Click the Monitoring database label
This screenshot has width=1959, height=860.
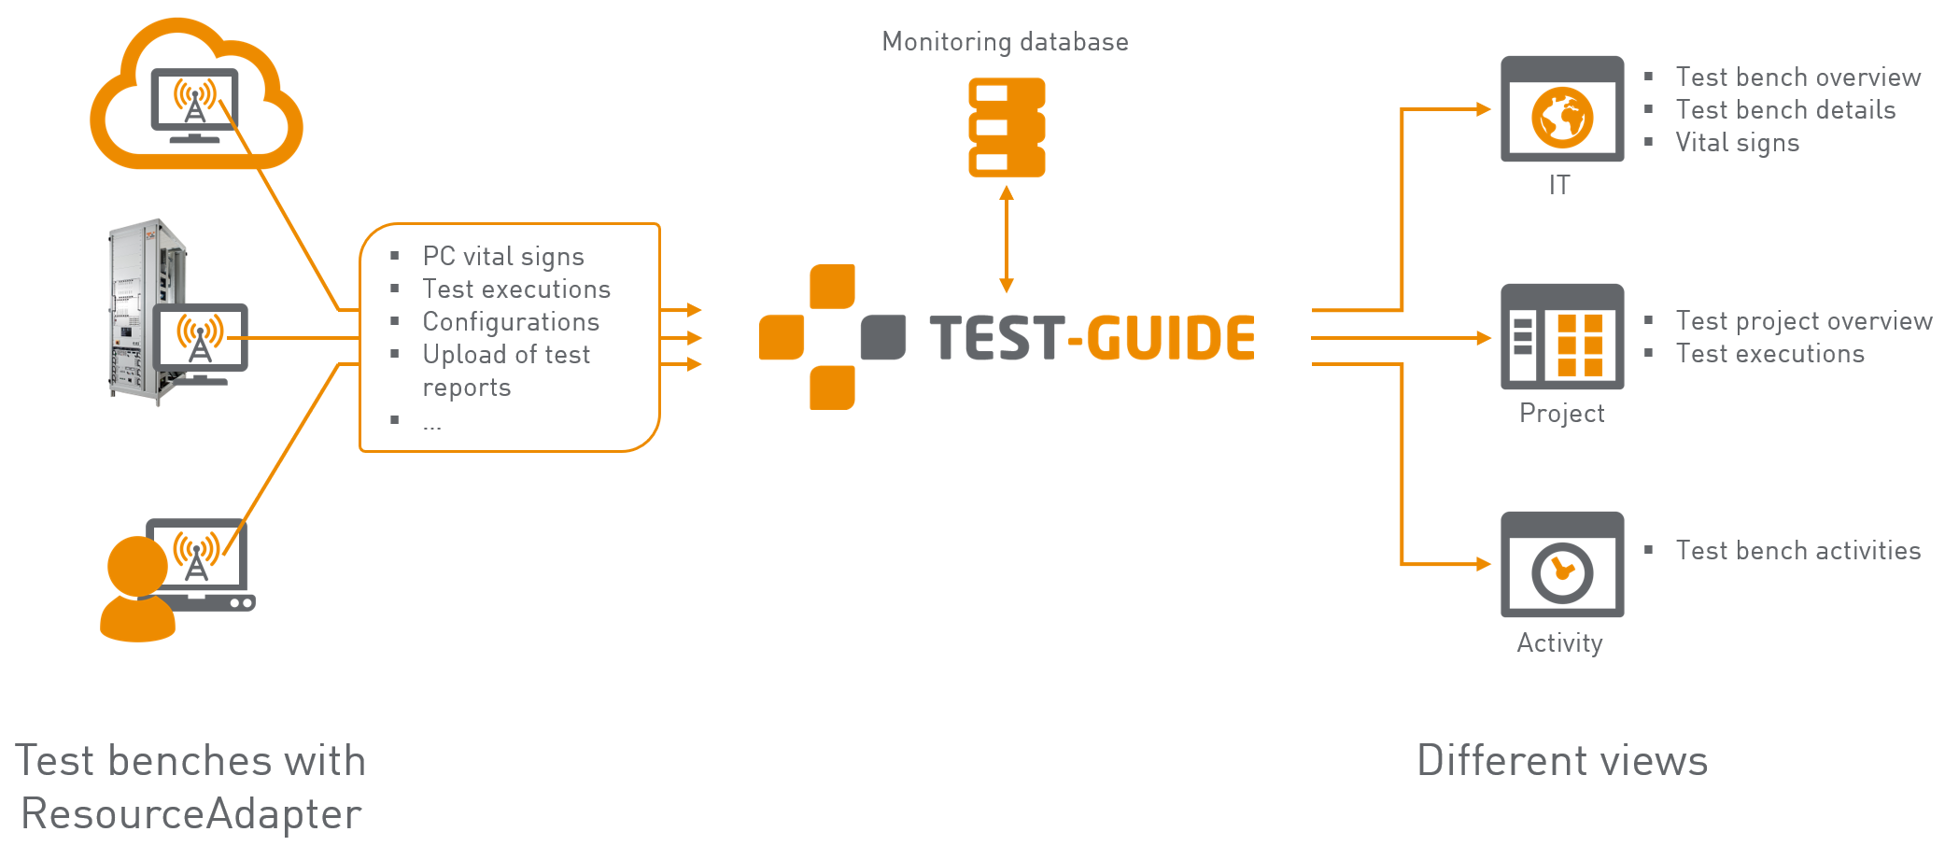(x=1005, y=42)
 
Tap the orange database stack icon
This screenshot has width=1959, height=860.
(x=1007, y=128)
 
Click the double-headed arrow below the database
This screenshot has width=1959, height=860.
(x=1007, y=239)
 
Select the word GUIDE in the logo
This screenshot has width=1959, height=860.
(x=1171, y=338)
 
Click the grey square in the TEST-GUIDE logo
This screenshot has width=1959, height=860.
(x=882, y=337)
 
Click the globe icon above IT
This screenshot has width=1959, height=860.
(x=1562, y=118)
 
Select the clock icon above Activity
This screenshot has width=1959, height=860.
(x=1562, y=572)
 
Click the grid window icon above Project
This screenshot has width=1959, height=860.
(x=1562, y=337)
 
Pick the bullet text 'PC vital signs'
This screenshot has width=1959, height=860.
(x=503, y=257)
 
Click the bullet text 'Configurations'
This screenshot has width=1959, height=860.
(x=511, y=322)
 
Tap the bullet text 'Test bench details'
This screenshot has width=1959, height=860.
(x=1785, y=110)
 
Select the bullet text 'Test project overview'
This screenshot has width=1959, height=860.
(x=1804, y=321)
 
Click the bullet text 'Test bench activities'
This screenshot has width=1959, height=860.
(x=1798, y=551)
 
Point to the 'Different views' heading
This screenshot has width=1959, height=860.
(x=1562, y=761)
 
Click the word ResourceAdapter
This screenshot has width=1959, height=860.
(x=191, y=814)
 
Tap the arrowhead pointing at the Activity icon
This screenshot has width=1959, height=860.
(x=1484, y=564)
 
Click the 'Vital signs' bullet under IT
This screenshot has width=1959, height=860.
(x=1737, y=143)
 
